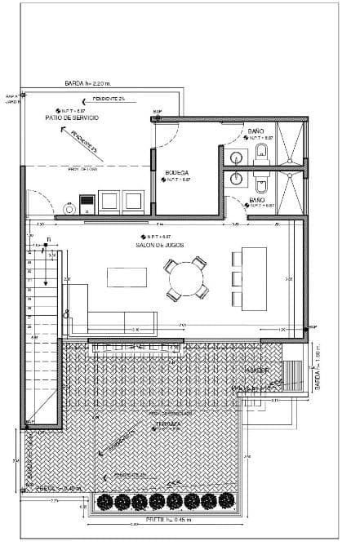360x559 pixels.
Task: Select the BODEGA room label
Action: pos(177,172)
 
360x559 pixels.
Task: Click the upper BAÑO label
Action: pos(256,131)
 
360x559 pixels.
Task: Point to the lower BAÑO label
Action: pos(256,199)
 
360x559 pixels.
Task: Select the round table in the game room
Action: pos(186,279)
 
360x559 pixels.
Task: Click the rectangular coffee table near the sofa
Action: pos(127,278)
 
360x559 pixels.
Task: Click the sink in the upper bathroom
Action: pos(237,157)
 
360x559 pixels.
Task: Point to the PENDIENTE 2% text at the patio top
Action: pos(108,98)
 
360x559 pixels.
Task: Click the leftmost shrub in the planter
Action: pos(104,501)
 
